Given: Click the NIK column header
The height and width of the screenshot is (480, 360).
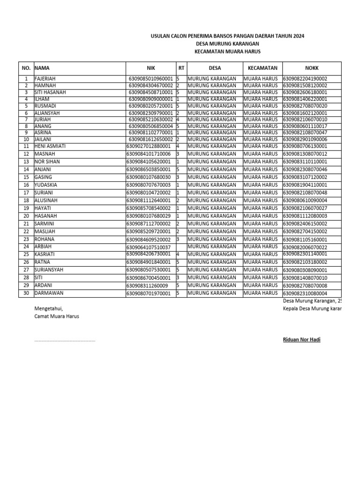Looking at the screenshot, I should pyautogui.click(x=150, y=68).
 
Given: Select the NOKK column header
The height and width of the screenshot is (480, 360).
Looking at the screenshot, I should pyautogui.click(x=311, y=68).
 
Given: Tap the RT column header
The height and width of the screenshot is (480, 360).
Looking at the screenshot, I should pyautogui.click(x=181, y=68).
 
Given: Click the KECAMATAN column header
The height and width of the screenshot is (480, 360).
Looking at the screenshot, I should pyautogui.click(x=262, y=68).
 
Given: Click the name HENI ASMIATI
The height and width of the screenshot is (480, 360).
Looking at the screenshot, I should pyautogui.click(x=50, y=146).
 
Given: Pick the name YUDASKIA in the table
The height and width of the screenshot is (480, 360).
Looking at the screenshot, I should pyautogui.click(x=46, y=185).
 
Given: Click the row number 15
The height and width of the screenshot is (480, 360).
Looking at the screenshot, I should pyautogui.click(x=26, y=177).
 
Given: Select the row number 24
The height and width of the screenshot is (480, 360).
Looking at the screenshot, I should pyautogui.click(x=26, y=246).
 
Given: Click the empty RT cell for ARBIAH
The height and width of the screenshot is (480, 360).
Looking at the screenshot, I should pyautogui.click(x=181, y=246).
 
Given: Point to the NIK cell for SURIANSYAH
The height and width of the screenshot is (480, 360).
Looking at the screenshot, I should pyautogui.click(x=150, y=270).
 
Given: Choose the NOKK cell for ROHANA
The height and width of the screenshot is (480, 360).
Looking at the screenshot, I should pyautogui.click(x=311, y=239).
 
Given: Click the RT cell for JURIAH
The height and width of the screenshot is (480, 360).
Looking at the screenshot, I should pyautogui.click(x=181, y=120).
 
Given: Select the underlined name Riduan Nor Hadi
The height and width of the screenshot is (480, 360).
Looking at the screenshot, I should pyautogui.click(x=302, y=339).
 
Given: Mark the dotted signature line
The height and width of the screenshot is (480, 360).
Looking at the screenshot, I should pyautogui.click(x=65, y=340).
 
